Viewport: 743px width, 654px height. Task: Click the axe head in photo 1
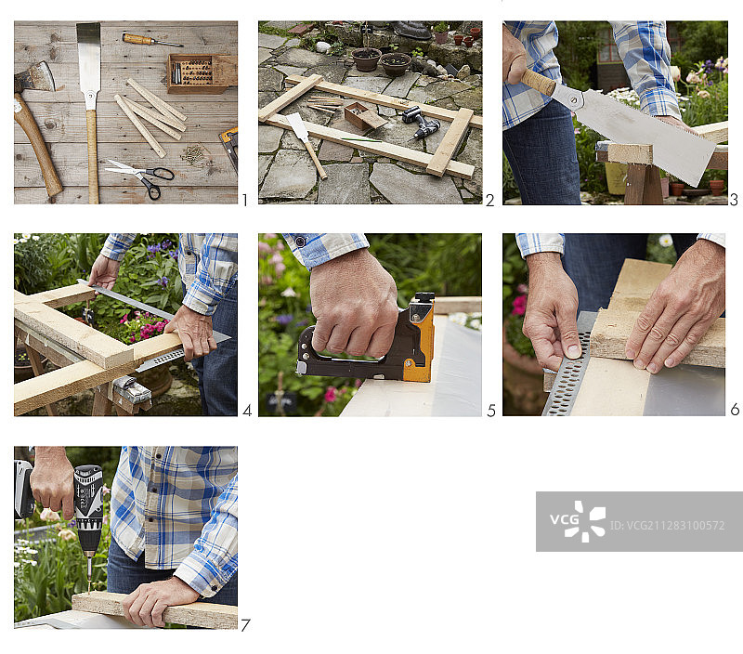[x=34, y=77]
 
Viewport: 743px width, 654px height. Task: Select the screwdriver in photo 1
[x=151, y=40]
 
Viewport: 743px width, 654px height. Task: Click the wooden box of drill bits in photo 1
[x=202, y=73]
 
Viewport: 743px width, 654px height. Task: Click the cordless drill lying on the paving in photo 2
[x=422, y=122]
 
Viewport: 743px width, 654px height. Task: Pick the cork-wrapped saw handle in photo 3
[x=539, y=82]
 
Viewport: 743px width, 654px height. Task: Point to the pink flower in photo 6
[x=519, y=306]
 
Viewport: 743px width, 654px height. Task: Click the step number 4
[x=247, y=411]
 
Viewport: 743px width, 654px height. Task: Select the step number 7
[x=245, y=625]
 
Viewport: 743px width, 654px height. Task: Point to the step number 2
[x=490, y=201]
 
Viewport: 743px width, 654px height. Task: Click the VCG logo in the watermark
[x=578, y=521]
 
